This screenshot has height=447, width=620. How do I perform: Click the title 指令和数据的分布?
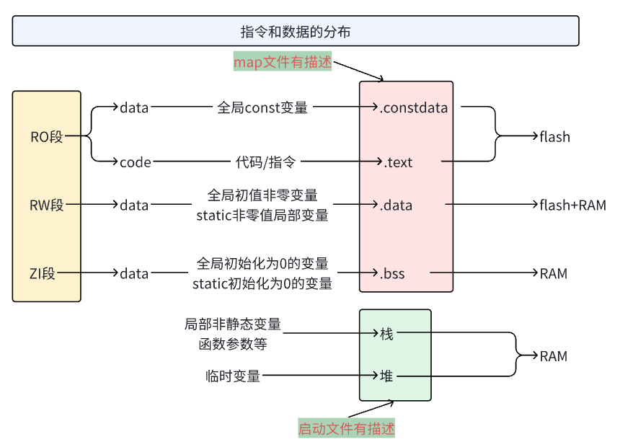[x=296, y=32]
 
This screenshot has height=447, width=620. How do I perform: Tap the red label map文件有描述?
[x=282, y=63]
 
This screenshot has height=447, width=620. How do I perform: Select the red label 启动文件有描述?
[x=347, y=429]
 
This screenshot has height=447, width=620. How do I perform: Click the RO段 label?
[x=47, y=136]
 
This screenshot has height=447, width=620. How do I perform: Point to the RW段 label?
[x=47, y=205]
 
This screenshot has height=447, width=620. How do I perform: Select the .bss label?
[x=392, y=273]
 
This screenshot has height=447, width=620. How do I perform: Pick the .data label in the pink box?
[x=396, y=205]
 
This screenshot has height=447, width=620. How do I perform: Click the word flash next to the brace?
[x=554, y=136]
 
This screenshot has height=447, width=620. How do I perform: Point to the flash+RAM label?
[x=572, y=205]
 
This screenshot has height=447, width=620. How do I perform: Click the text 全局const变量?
[x=262, y=108]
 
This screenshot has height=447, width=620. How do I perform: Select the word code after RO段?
[x=136, y=162]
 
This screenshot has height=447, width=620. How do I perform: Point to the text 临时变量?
[x=233, y=376]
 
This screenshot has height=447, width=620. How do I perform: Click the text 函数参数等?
[x=233, y=344]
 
